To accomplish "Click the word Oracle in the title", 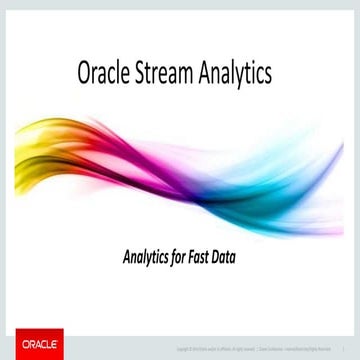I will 104,74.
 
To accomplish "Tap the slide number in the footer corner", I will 344,349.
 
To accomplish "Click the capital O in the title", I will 84,74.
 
